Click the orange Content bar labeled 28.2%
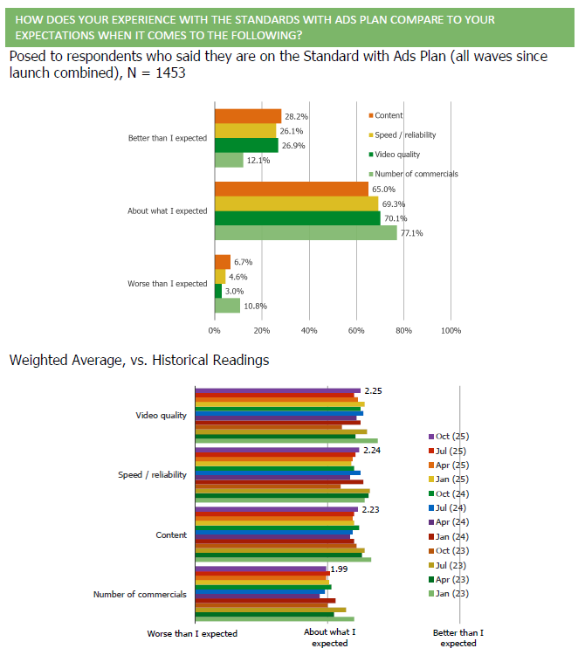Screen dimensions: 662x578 pos(248,116)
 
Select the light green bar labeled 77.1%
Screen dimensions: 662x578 pos(306,233)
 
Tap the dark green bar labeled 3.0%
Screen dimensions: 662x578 pos(217,291)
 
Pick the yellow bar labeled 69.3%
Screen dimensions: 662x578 pos(296,203)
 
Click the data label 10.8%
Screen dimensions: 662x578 pos(256,306)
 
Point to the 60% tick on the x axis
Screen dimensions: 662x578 pos(356,331)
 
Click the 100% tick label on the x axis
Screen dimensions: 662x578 pos(451,331)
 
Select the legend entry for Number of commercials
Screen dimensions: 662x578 pos(416,174)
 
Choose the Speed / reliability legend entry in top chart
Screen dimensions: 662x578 pos(405,135)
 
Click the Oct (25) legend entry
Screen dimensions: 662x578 pos(451,436)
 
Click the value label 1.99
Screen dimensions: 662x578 pos(339,569)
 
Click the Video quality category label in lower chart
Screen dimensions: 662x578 pos(161,415)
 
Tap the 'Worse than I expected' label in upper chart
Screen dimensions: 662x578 pos(167,284)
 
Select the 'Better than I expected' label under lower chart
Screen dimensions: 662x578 pos(458,638)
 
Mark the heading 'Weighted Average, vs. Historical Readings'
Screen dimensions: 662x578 pos(139,360)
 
